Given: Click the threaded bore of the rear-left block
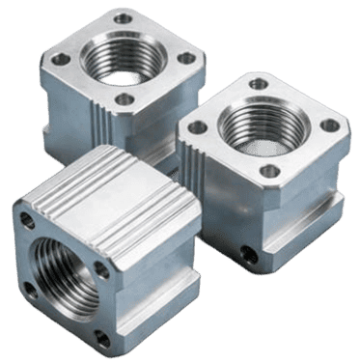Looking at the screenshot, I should pyautogui.click(x=116, y=60).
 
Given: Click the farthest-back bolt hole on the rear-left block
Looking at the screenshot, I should pyautogui.click(x=124, y=18).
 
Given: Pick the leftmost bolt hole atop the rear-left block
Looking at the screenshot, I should pyautogui.click(x=61, y=60).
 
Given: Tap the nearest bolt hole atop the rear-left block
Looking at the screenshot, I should pyautogui.click(x=124, y=98).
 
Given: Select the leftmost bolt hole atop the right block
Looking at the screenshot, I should pyautogui.click(x=198, y=127).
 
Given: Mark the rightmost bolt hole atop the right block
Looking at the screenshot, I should pyautogui.click(x=329, y=126).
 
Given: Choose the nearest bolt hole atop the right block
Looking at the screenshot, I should pyautogui.click(x=270, y=171).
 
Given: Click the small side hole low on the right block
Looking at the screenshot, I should pyautogui.click(x=253, y=255).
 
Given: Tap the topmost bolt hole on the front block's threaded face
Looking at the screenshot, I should pyautogui.click(x=27, y=220).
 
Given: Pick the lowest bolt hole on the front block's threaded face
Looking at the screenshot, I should pyautogui.click(x=98, y=337).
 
